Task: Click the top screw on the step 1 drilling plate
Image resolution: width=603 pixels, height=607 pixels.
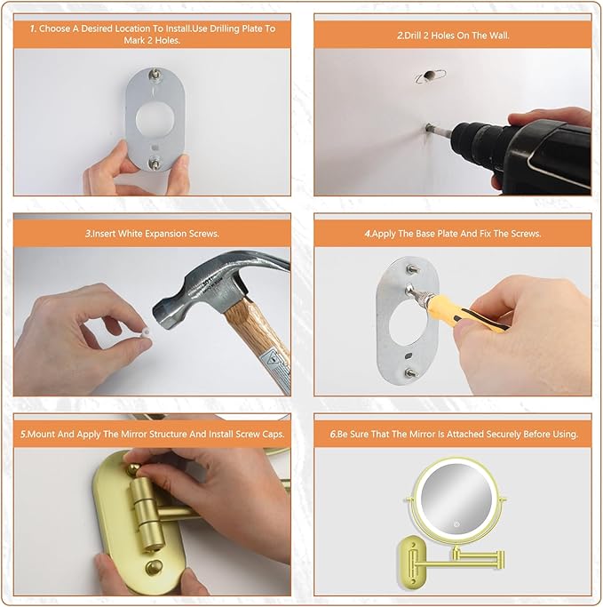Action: pos(156,74)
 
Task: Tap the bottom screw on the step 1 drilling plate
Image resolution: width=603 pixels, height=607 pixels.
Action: pos(155,163)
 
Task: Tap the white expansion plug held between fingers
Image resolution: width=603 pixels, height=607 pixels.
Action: pos(146,332)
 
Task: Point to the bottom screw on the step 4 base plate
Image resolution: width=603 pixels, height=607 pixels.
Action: pos(409,372)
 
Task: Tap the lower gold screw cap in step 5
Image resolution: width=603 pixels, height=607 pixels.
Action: pos(154,568)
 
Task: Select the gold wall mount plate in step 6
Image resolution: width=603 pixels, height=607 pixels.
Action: pos(410,561)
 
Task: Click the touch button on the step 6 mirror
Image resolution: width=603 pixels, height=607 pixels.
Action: pos(456,524)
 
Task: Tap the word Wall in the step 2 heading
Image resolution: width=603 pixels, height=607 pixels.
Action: pos(499,36)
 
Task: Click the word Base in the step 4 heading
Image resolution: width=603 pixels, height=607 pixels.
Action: pos(424,234)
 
